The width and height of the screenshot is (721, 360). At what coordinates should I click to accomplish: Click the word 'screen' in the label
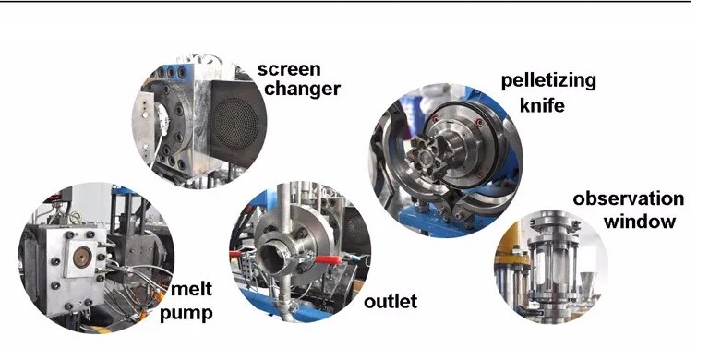(289, 69)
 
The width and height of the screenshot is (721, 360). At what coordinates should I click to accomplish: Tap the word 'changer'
(303, 89)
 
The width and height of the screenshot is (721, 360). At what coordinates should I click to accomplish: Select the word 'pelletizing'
(548, 81)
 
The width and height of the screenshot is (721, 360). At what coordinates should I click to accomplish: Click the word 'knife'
(542, 105)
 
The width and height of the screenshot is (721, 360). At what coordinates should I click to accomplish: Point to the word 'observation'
(628, 199)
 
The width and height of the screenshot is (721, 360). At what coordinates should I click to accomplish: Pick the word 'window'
(640, 222)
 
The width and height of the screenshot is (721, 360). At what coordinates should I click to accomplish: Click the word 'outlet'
(391, 302)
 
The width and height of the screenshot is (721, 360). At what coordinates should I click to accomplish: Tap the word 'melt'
(192, 289)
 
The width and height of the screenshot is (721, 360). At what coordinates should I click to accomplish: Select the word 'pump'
(186, 314)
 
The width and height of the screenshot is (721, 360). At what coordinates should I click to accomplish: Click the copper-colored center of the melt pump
(82, 257)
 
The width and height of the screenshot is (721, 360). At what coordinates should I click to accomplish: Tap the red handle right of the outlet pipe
(328, 259)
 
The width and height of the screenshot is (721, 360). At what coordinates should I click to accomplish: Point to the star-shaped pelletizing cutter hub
(423, 158)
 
